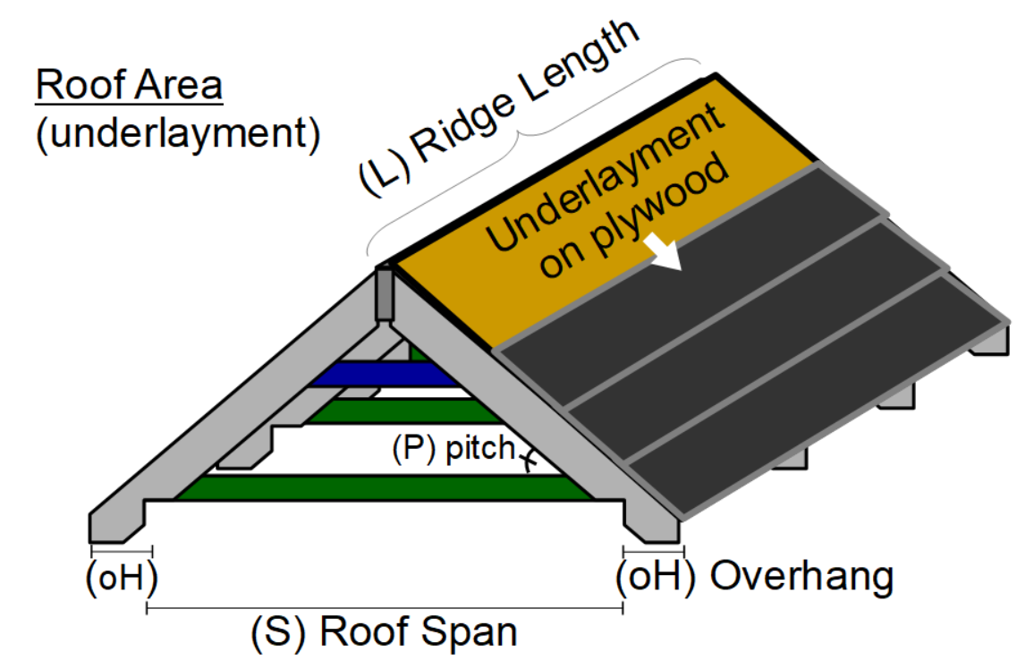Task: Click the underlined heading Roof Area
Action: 129,87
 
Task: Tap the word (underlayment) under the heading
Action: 176,134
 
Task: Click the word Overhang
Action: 801,578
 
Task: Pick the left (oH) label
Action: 123,577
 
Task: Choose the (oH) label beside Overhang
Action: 656,578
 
